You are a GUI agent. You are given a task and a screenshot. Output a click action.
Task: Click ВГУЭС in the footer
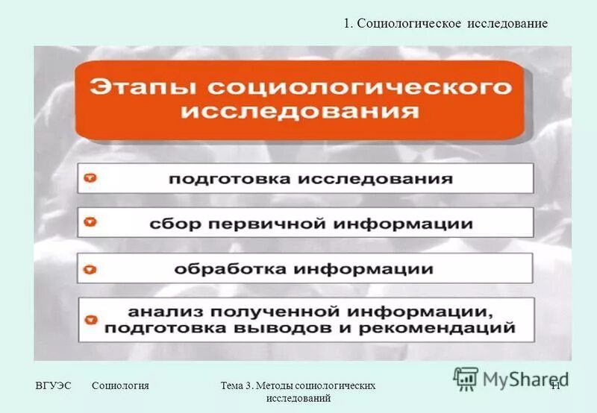(53, 385)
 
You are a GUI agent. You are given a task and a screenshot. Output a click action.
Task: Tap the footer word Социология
(121, 385)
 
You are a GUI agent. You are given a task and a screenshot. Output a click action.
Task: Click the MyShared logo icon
(466, 379)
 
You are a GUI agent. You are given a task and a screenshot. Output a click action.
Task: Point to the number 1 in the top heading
(347, 23)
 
